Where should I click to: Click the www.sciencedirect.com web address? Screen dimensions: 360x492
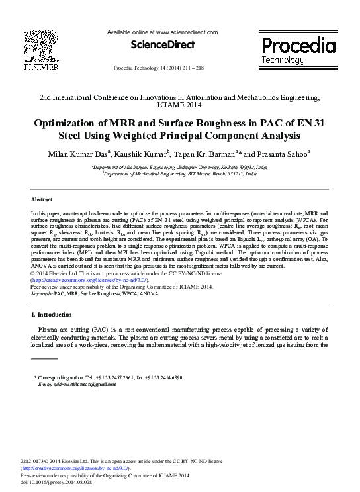tap(191, 32)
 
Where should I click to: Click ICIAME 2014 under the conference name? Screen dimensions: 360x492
tap(180, 105)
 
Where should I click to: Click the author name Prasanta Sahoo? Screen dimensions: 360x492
tap(282, 154)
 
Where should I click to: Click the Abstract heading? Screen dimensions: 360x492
tap(42, 199)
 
